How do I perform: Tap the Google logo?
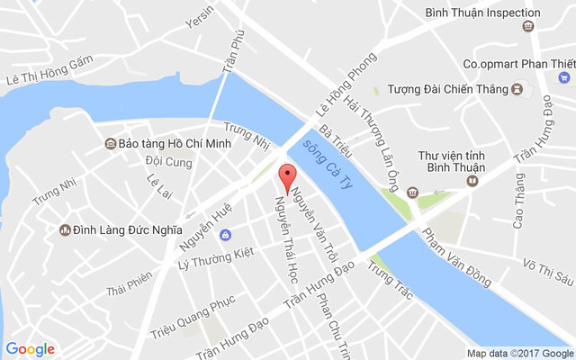pyautogui.click(x=31, y=349)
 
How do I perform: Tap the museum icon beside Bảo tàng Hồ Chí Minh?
pyautogui.click(x=110, y=144)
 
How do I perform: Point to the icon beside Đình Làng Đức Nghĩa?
pyautogui.click(x=66, y=230)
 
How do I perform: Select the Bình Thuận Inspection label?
pyautogui.click(x=482, y=13)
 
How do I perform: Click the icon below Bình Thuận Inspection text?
pyautogui.click(x=527, y=27)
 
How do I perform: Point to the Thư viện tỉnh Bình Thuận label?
pyautogui.click(x=451, y=162)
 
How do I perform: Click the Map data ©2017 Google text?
pyautogui.click(x=518, y=353)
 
